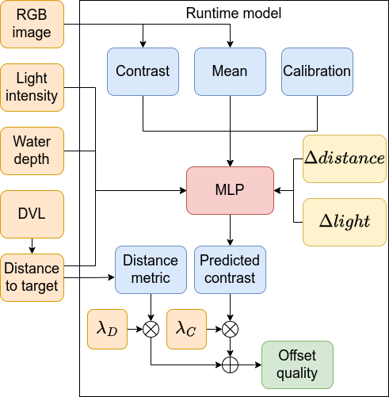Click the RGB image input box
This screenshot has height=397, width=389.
[32, 24]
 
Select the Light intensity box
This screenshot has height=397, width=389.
[32, 87]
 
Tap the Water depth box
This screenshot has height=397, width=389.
[32, 151]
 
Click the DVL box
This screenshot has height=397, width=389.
[32, 214]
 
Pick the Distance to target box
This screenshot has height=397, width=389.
[32, 277]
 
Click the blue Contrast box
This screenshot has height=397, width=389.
[143, 71]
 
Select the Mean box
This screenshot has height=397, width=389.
[230, 71]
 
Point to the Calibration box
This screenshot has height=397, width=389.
[317, 71]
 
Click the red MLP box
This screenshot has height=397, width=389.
[230, 190]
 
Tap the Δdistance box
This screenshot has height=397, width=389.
[345, 158]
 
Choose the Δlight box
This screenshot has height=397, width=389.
[345, 222]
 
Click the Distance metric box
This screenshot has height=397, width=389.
[151, 269]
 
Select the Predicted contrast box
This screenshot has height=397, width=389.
[230, 269]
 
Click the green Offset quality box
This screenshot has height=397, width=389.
[297, 365]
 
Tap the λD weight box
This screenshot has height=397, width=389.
[107, 329]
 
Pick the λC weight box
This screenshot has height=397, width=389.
[186, 329]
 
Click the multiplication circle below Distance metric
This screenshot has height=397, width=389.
[151, 329]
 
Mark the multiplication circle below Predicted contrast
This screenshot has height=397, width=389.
[230, 329]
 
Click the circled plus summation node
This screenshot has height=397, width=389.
[230, 365]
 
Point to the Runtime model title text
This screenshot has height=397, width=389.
[234, 13]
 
